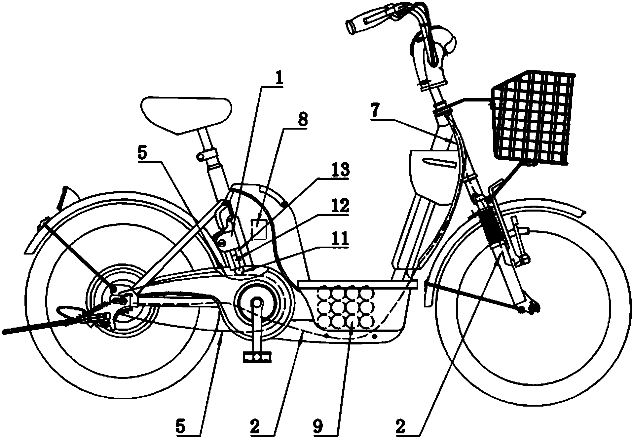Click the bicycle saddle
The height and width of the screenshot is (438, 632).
pos(186,114)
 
